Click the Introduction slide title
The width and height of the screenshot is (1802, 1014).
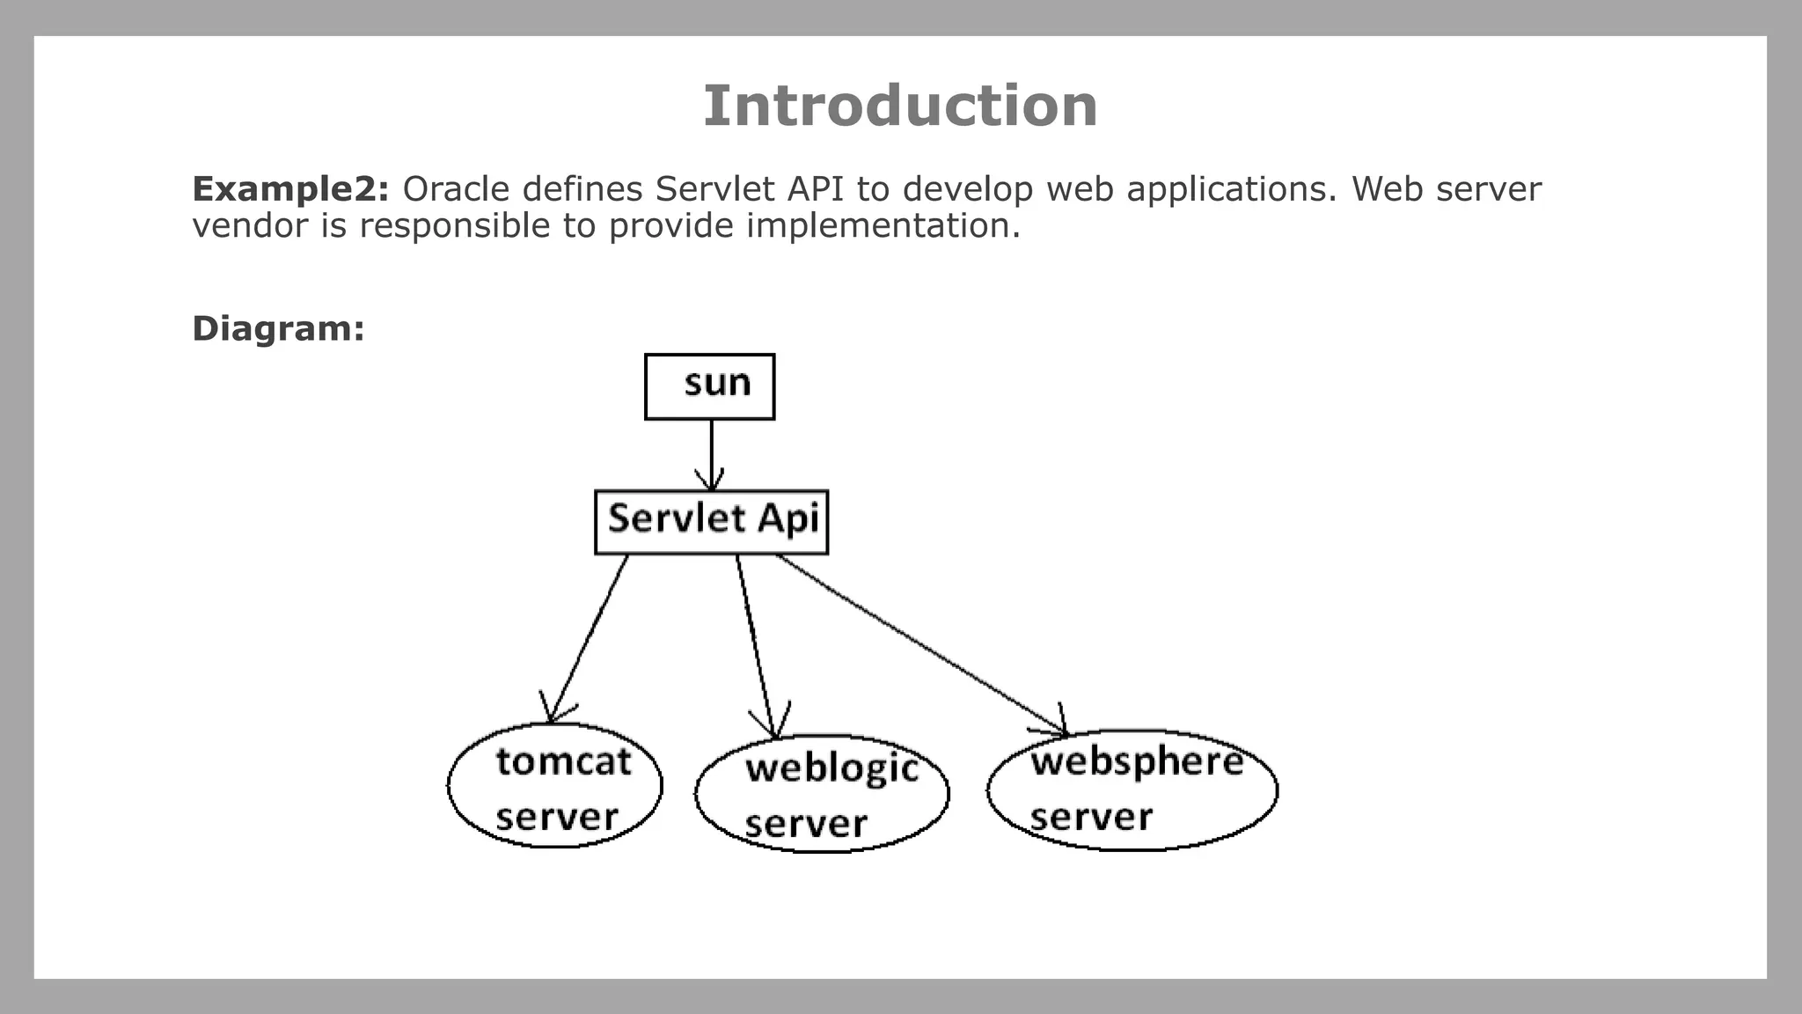(x=900, y=107)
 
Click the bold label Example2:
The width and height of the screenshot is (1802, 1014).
(x=290, y=189)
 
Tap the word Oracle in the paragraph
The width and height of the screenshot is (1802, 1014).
(x=456, y=189)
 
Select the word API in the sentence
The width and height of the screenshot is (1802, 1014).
(x=817, y=189)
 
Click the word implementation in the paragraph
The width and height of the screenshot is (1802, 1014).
(x=883, y=226)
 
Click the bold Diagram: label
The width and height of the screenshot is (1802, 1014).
(x=278, y=328)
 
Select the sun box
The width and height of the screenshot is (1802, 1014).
(x=710, y=386)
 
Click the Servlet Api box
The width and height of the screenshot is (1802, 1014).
(x=711, y=521)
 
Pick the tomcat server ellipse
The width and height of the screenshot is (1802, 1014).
(x=555, y=786)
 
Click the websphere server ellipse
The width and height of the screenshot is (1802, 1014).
(x=1132, y=790)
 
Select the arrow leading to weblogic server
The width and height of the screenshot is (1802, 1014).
(x=755, y=643)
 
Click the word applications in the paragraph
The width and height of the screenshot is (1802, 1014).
(x=1231, y=189)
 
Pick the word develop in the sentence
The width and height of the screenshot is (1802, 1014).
(x=967, y=189)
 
